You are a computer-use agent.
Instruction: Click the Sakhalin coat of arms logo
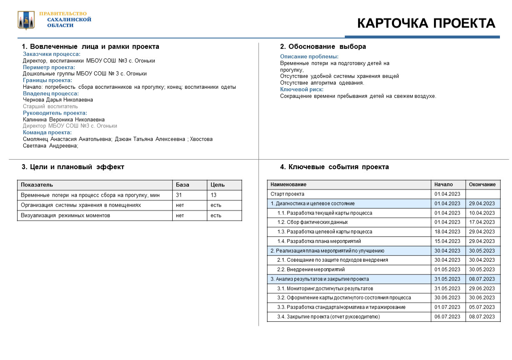(26, 20)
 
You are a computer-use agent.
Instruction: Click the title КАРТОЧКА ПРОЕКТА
(426, 23)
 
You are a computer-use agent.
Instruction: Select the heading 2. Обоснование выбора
(323, 47)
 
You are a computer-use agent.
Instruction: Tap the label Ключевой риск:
(301, 89)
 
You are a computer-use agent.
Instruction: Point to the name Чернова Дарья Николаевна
(58, 100)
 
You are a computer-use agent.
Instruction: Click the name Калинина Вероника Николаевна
(64, 120)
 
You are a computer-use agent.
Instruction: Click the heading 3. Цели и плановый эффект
(73, 167)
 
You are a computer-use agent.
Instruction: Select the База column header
(182, 185)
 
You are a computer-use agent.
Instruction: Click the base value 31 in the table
(179, 195)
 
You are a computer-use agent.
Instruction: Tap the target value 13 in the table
(213, 195)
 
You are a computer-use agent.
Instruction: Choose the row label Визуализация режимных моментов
(65, 215)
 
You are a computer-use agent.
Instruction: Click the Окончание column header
(482, 185)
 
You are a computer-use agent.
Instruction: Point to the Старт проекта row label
(287, 194)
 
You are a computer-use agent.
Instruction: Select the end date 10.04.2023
(482, 213)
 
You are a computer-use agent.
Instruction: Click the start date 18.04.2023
(447, 232)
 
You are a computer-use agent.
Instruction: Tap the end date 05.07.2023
(482, 307)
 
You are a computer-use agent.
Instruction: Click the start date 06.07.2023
(447, 317)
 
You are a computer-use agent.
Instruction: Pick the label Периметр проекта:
(49, 67)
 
